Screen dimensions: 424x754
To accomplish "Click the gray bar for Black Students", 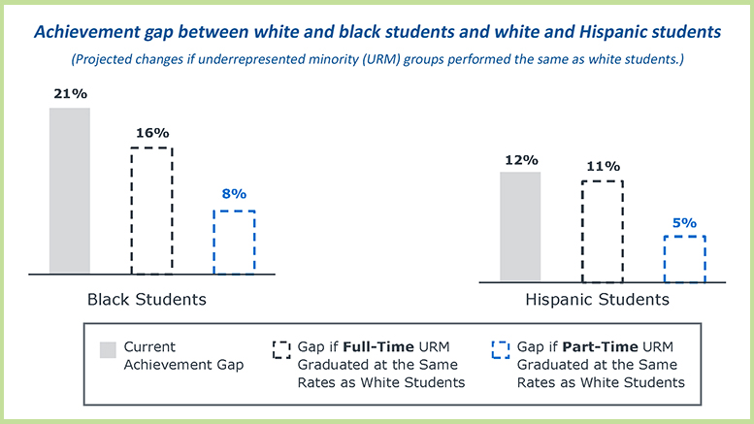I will click(70, 190).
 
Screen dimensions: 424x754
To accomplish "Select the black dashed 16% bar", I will click(151, 211).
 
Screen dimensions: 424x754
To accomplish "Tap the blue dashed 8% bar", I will click(233, 242).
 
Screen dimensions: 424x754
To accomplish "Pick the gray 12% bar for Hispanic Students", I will click(520, 227).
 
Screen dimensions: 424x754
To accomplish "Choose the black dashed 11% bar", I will click(602, 231).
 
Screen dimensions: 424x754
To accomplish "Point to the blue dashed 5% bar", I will click(684, 258).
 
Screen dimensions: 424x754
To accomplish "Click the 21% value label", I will click(70, 94).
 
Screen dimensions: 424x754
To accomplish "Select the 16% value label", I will click(151, 133).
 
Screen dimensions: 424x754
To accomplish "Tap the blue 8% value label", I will click(234, 194).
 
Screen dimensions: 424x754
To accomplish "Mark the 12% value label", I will click(520, 159).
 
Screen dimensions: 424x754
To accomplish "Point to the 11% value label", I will click(602, 165).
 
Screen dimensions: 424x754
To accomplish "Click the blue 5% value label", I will click(684, 222).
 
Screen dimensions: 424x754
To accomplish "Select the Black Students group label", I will click(147, 299).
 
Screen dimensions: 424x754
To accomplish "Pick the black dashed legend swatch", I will click(283, 347).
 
